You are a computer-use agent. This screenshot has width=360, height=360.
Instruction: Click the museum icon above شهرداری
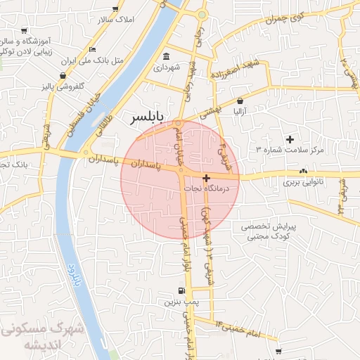tap(167, 56)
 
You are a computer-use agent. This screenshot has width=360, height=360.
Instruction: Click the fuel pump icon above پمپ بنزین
tap(182, 290)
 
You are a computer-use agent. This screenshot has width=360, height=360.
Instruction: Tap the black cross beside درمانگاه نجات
tap(205, 179)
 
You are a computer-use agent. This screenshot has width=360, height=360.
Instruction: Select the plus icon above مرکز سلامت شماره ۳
tap(290, 139)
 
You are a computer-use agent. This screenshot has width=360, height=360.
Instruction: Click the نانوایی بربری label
tap(303, 182)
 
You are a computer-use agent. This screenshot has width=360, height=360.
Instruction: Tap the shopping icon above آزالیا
tap(240, 101)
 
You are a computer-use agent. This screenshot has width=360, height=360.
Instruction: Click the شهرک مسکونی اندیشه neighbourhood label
tap(44, 336)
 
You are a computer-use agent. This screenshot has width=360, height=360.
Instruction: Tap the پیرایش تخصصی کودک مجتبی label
tap(270, 232)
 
